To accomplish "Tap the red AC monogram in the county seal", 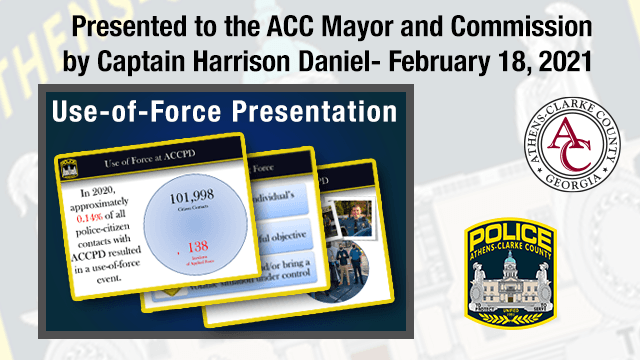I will click(x=572, y=149).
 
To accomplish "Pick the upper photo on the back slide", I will click(x=349, y=214).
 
